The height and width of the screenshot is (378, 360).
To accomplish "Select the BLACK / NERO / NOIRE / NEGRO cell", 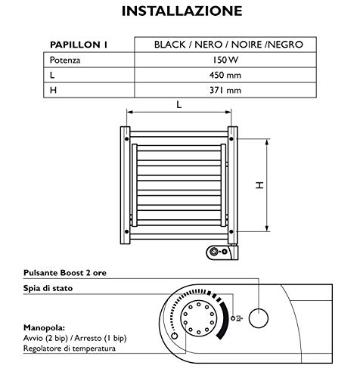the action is (228, 45).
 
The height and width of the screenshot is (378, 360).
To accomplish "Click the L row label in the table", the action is (51, 75).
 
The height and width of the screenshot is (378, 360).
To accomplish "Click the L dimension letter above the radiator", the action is (178, 106).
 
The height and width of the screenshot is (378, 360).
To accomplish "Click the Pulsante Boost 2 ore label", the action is (79, 272).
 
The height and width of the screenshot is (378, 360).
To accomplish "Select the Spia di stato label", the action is (64, 288).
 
